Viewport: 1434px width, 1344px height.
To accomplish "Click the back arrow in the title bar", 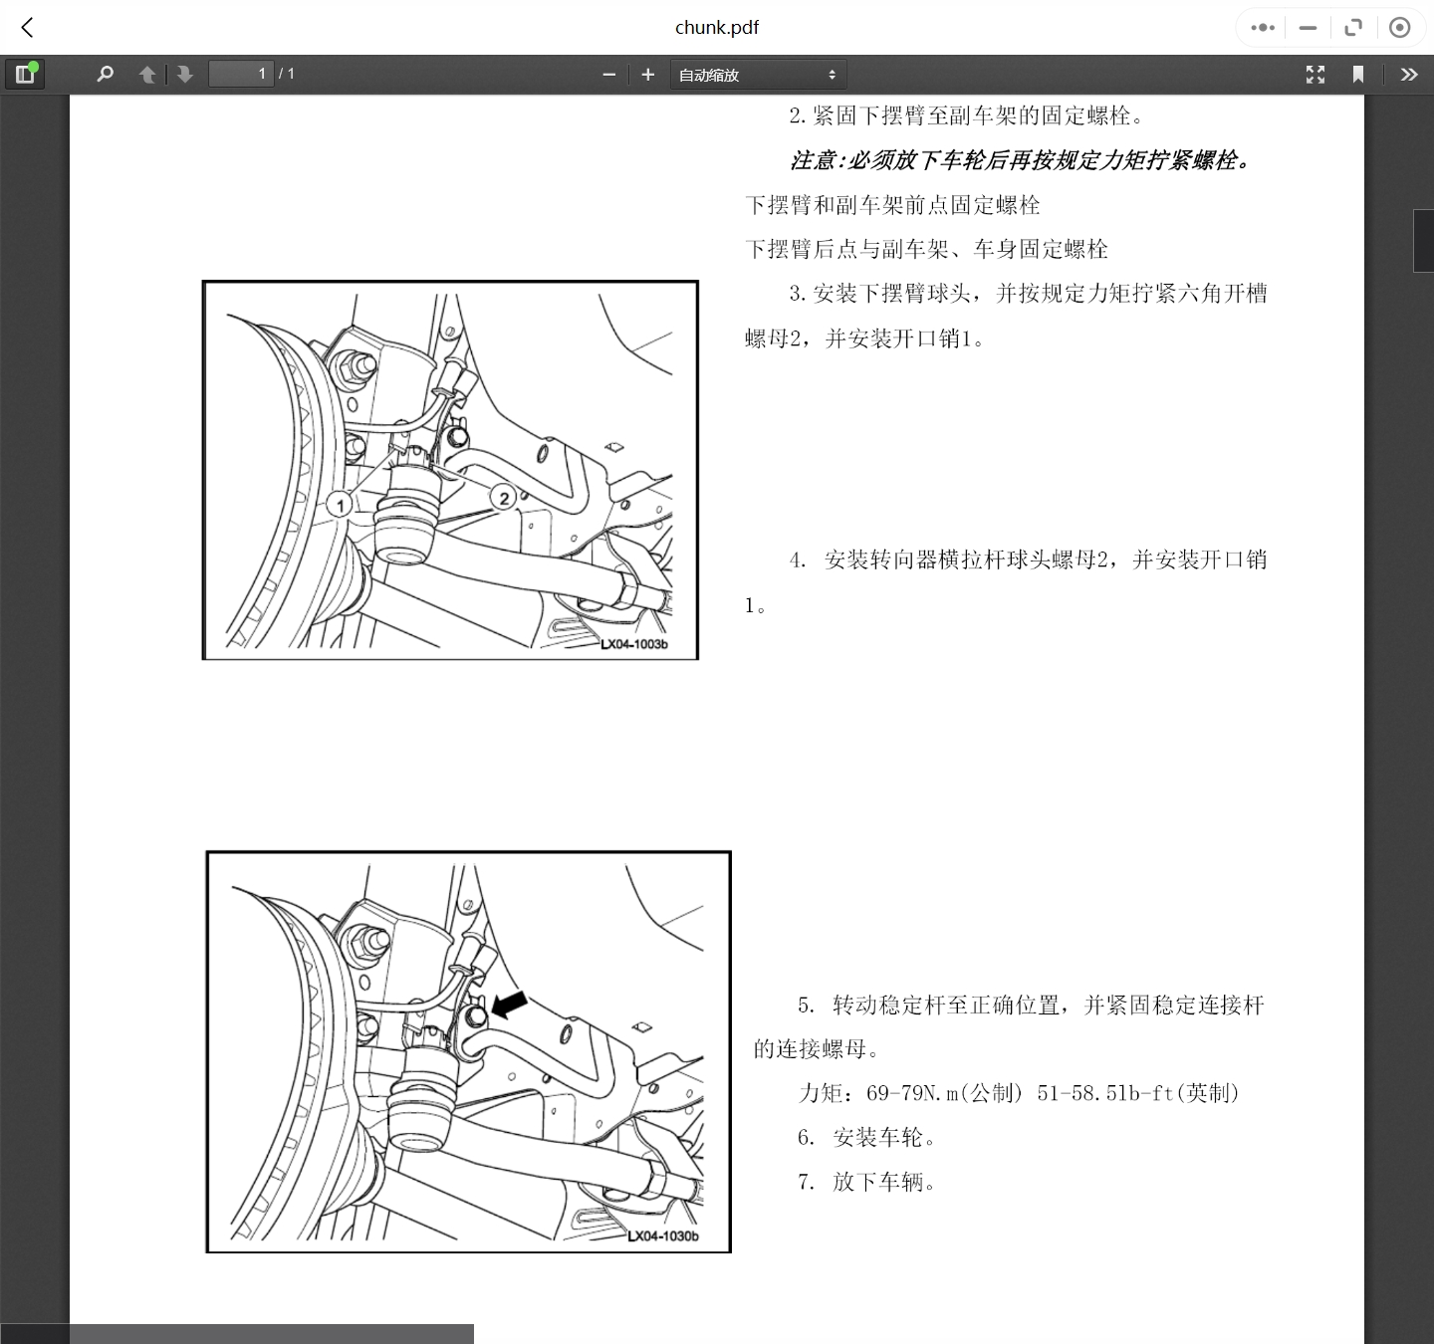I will [28, 28].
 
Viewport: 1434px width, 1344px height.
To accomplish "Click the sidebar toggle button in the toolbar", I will [25, 74].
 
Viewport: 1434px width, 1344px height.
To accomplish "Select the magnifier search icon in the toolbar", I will [105, 74].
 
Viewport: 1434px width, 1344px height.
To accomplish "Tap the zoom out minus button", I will [609, 75].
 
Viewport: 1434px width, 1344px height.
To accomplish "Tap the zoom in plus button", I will [648, 75].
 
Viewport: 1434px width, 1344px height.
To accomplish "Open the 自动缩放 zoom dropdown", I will [758, 75].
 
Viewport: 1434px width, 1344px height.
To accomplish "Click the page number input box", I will [240, 74].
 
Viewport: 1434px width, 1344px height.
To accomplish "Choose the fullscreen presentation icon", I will [1315, 75].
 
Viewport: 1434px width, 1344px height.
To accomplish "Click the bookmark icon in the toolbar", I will [1357, 75].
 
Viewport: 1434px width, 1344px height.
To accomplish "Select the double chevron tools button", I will [1408, 75].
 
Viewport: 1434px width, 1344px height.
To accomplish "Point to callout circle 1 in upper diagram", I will [340, 505].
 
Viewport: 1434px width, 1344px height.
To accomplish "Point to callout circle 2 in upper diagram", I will [504, 498].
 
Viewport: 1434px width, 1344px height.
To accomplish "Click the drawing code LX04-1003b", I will [634, 644].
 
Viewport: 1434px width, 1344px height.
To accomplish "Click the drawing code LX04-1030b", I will [663, 1236].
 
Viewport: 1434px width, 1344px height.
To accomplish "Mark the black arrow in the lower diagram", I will [510, 1004].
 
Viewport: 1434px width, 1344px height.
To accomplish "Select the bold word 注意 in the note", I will [813, 160].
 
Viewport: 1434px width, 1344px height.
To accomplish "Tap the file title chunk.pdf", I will [717, 28].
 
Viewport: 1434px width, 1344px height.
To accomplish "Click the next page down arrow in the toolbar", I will [184, 75].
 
